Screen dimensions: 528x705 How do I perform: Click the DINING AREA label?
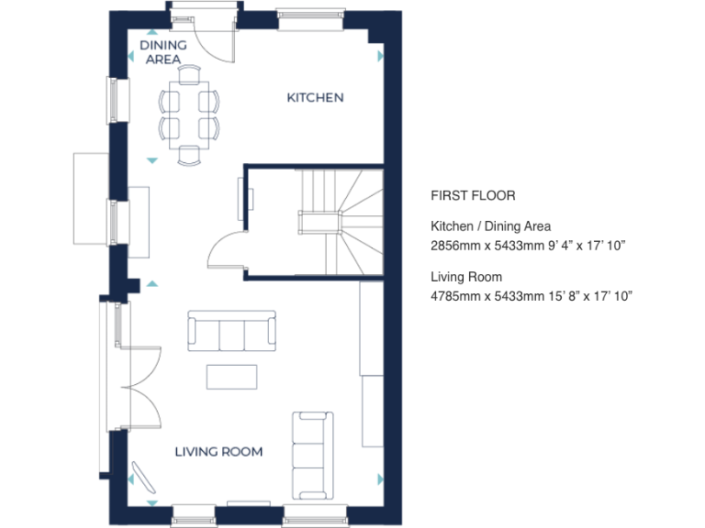click(x=163, y=52)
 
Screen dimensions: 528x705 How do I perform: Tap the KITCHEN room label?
click(x=315, y=97)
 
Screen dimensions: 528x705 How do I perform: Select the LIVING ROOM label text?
click(x=218, y=451)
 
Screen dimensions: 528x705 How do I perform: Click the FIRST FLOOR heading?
click(x=473, y=195)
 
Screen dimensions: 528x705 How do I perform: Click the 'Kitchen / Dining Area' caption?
click(x=490, y=226)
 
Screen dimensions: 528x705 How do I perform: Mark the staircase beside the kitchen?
click(x=340, y=220)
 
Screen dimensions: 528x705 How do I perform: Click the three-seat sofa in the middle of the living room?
click(x=231, y=331)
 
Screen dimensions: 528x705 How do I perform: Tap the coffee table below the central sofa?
click(x=231, y=376)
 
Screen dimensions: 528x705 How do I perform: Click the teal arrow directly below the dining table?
click(x=151, y=161)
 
